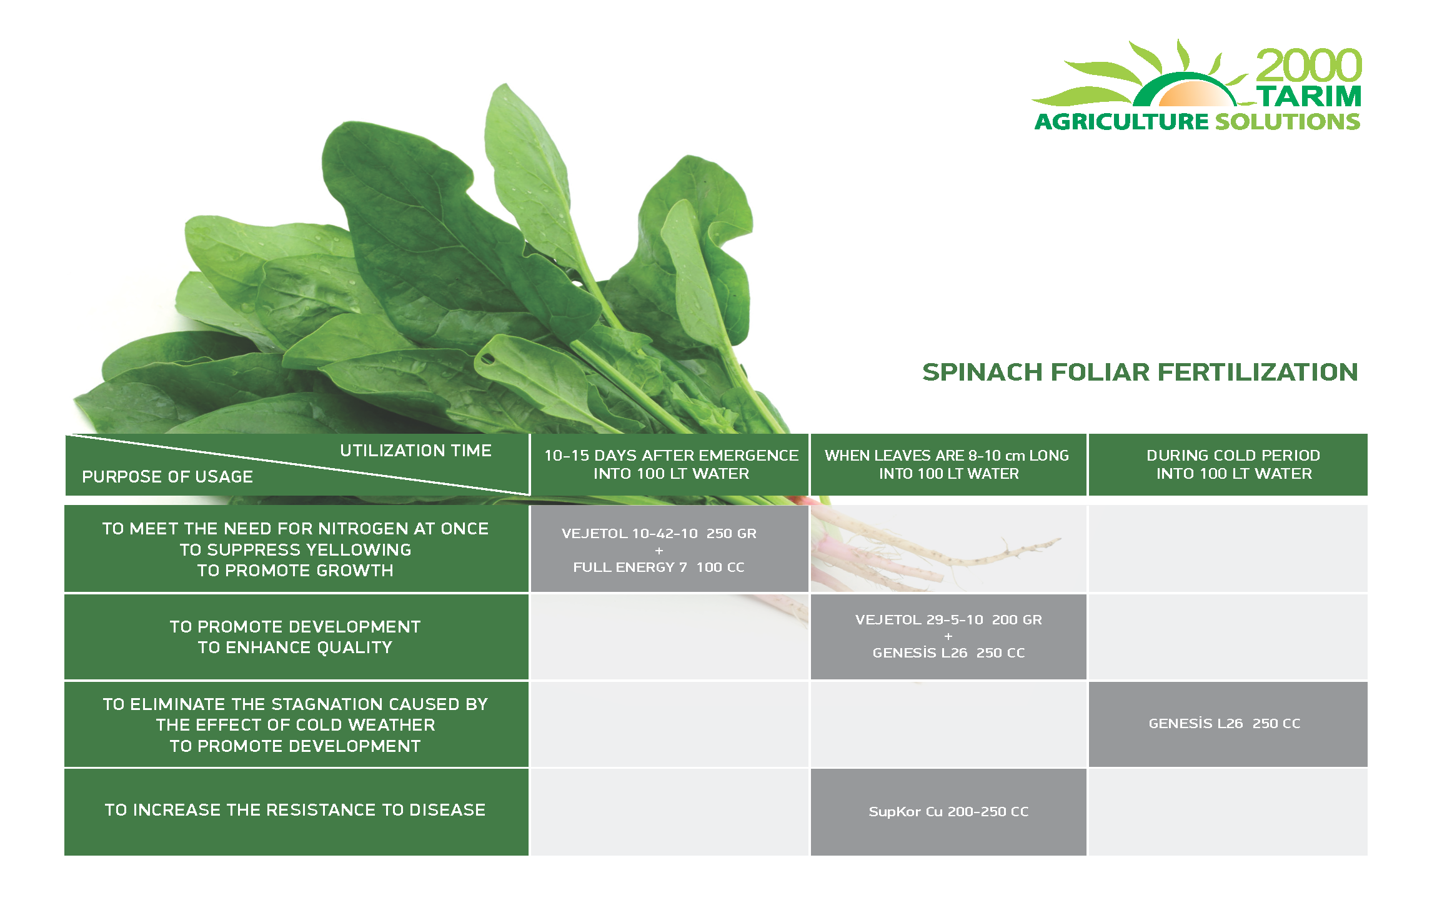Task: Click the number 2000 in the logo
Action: pyautogui.click(x=1309, y=66)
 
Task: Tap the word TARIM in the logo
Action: pyautogui.click(x=1309, y=96)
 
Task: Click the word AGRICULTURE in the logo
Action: pyautogui.click(x=1122, y=121)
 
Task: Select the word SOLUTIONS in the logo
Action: pyautogui.click(x=1288, y=121)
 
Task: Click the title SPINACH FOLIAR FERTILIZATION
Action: pyautogui.click(x=1140, y=372)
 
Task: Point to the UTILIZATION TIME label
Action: pyautogui.click(x=415, y=451)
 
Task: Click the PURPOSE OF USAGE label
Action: pyautogui.click(x=167, y=477)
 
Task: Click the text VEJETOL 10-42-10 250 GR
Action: pyautogui.click(x=659, y=534)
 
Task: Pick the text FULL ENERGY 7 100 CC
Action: pyautogui.click(x=659, y=567)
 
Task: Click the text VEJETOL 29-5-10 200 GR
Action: pyautogui.click(x=948, y=620)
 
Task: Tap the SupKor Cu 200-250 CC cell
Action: pyautogui.click(x=948, y=812)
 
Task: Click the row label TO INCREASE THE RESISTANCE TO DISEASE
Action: pyautogui.click(x=295, y=810)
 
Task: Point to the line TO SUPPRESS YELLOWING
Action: pyautogui.click(x=296, y=550)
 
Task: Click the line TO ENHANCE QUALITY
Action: pyautogui.click(x=295, y=647)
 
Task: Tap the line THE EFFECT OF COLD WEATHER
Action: pyautogui.click(x=296, y=725)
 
